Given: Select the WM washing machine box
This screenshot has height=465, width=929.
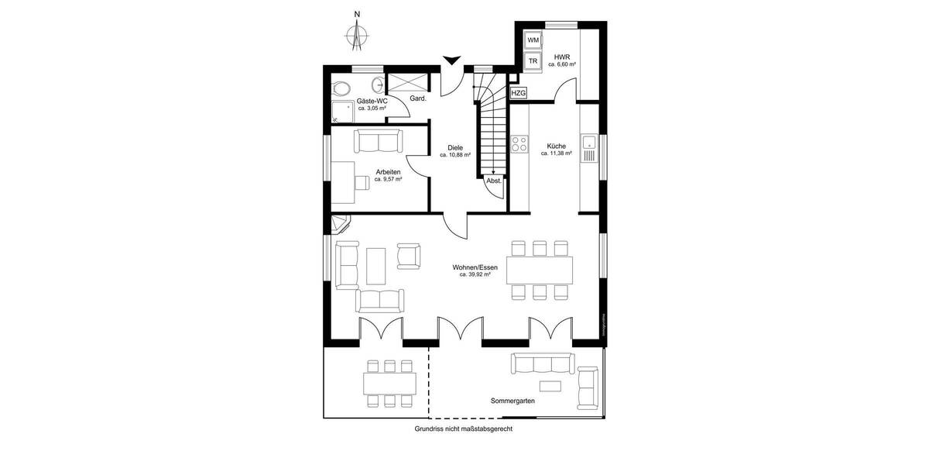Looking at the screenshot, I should (533, 40).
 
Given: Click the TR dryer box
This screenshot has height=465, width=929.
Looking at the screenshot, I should (533, 60).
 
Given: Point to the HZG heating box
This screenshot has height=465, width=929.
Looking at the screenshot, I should (519, 93).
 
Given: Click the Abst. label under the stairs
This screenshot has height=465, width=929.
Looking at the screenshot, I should (493, 181).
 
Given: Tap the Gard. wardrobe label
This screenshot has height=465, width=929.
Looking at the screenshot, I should (419, 99).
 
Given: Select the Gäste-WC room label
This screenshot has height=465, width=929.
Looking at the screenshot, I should (372, 101).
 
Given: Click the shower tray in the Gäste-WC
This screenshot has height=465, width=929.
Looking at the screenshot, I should (342, 112).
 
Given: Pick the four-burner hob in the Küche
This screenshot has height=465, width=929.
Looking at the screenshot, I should (519, 145).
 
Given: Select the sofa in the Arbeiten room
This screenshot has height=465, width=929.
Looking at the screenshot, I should (379, 141).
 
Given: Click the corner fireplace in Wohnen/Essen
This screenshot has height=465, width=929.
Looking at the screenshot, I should (341, 225).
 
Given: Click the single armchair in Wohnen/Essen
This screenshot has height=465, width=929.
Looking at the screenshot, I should (409, 256).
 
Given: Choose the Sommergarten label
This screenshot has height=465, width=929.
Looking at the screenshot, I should (512, 401).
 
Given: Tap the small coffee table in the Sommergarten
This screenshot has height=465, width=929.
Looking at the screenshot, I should (550, 386).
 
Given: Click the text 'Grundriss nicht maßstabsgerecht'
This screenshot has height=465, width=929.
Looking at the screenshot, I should (464, 428).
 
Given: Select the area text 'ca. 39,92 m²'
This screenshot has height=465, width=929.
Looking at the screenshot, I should (475, 274).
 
